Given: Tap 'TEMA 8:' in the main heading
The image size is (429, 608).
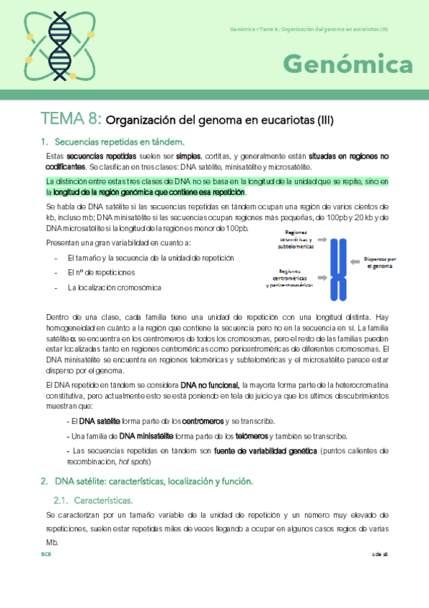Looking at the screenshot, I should [x=72, y=119].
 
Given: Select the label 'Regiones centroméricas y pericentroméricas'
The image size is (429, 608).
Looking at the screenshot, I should [x=289, y=278].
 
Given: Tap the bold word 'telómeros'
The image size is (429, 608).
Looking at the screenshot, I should [x=246, y=436].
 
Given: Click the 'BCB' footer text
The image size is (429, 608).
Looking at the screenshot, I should [x=46, y=555].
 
